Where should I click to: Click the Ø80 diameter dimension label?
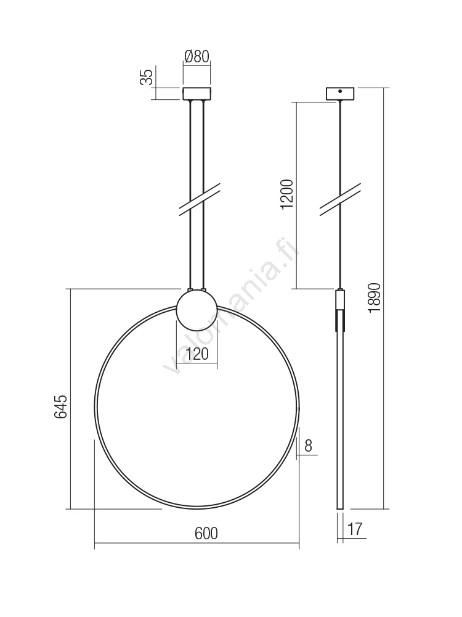(x=197, y=56)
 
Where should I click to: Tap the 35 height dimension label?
(x=147, y=77)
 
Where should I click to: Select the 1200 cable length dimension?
(x=288, y=194)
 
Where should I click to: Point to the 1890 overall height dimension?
(x=375, y=297)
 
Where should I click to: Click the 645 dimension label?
(x=61, y=407)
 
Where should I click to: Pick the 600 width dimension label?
(x=206, y=533)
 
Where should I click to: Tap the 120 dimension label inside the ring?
(x=197, y=354)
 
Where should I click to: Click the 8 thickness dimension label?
(x=309, y=445)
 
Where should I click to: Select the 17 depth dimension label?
(x=355, y=529)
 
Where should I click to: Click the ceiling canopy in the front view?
(x=197, y=93)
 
